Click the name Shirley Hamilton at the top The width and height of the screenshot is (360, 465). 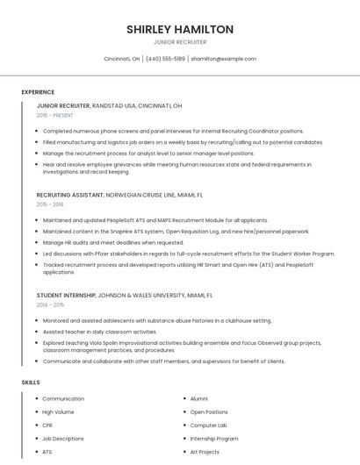180,29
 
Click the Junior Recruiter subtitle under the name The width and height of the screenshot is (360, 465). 180,42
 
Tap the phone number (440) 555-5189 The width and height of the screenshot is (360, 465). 165,59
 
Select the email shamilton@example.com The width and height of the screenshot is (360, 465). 224,59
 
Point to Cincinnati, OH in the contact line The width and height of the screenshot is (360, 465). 122,59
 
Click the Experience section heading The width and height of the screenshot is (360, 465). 38,92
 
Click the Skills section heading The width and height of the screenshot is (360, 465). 31,383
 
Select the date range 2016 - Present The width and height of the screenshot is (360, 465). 54,115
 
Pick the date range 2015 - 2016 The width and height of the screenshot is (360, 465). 51,204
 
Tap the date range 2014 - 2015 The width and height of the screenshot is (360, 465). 51,305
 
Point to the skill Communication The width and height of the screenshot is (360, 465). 63,398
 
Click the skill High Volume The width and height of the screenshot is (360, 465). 58,411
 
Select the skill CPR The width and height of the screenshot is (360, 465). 47,425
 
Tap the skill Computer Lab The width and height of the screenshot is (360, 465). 208,425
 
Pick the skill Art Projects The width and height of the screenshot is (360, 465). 205,451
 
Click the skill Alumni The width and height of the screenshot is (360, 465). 199,398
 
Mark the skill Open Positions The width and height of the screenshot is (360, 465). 209,411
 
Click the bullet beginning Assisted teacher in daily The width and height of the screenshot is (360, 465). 99,332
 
